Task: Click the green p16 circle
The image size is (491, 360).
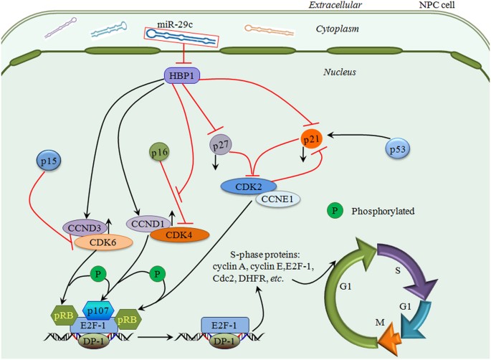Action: tap(160, 152)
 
